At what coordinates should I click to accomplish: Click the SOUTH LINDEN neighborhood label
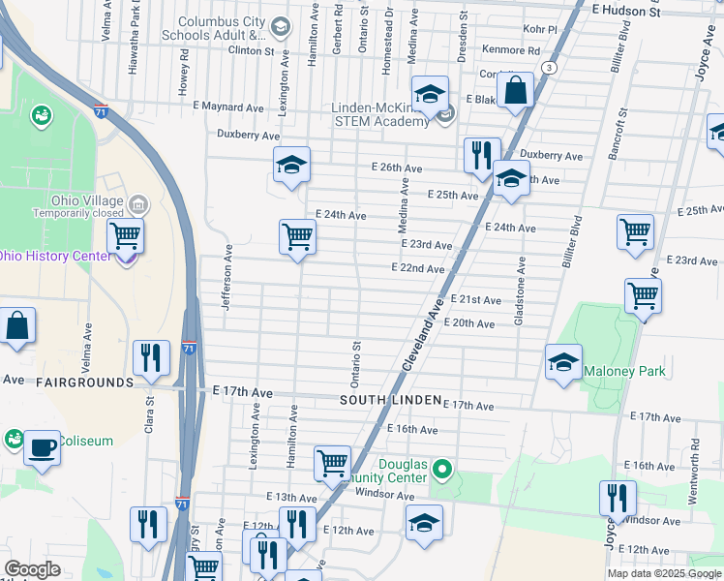(390, 400)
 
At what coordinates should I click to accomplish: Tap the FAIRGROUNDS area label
(85, 382)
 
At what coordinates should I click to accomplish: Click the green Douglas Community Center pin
(443, 471)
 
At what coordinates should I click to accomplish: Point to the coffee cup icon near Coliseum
(42, 447)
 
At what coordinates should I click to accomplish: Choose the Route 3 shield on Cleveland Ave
(550, 67)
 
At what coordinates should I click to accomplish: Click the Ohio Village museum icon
(138, 204)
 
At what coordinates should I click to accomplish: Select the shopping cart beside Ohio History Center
(125, 234)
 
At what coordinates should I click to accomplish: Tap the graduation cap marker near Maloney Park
(563, 363)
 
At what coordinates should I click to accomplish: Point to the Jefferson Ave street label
(229, 276)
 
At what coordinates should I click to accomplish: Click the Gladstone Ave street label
(520, 290)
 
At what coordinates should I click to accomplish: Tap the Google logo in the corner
(32, 569)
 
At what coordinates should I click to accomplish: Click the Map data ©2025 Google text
(664, 573)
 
